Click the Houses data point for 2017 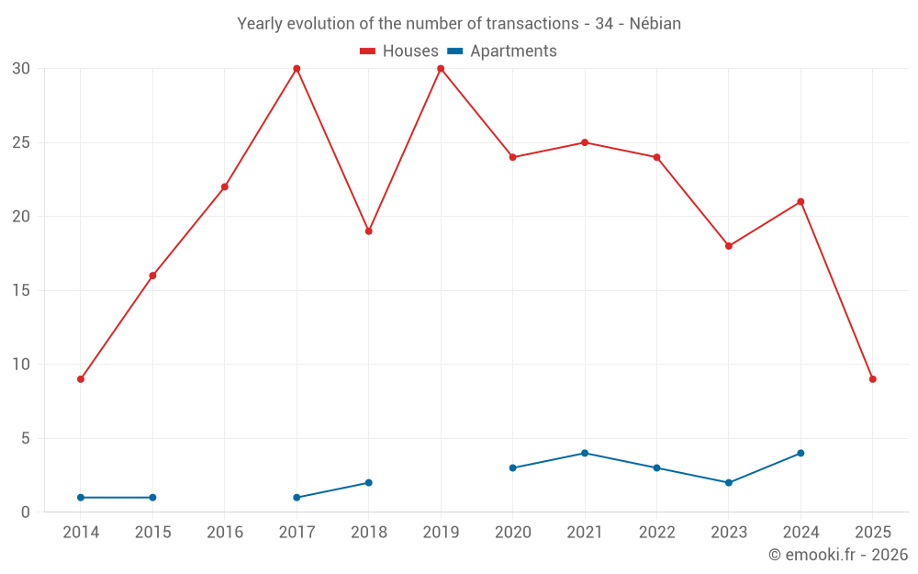[x=297, y=69]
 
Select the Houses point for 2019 [x=441, y=69]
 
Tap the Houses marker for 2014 [x=81, y=379]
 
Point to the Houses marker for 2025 [x=872, y=379]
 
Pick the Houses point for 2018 [x=368, y=231]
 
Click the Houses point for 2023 [x=729, y=246]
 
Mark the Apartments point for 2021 [x=585, y=453]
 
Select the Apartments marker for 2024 [x=800, y=453]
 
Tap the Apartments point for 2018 [x=368, y=482]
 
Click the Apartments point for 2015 [x=152, y=497]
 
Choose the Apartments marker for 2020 [x=512, y=467]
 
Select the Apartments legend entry [x=502, y=51]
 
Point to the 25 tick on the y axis [x=21, y=143]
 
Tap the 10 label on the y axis [x=21, y=365]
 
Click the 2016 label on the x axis [x=225, y=533]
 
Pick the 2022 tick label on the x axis [x=656, y=533]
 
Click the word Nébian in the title [x=655, y=24]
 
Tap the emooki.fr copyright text [x=838, y=555]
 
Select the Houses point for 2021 [x=585, y=142]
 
